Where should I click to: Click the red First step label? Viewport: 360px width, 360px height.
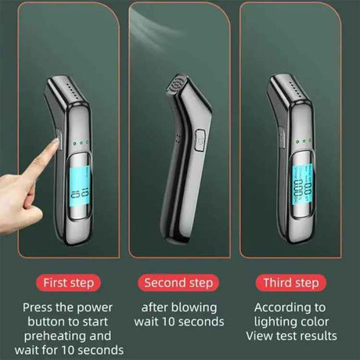tap(67, 282)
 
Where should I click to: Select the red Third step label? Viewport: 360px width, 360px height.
tap(290, 282)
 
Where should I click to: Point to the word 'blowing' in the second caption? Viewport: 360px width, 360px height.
tap(191, 308)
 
